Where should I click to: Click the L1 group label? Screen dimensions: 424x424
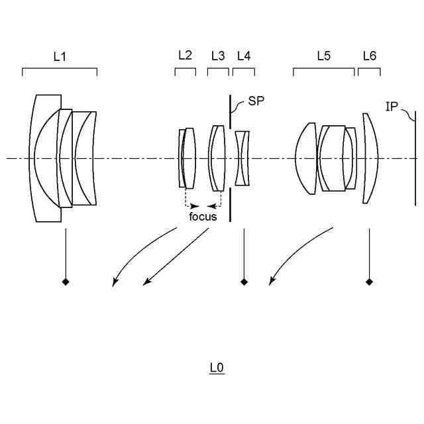point(60,56)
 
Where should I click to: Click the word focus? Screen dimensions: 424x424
point(203,216)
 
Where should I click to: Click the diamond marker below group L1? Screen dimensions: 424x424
point(65,282)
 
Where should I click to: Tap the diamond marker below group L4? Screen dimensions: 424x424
point(244,282)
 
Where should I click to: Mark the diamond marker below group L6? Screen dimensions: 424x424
point(369,282)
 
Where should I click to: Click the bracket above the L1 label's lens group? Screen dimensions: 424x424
point(60,68)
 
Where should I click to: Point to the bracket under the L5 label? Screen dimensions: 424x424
point(323,68)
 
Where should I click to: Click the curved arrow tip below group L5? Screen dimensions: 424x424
point(270,284)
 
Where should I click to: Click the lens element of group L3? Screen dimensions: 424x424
point(216,158)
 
